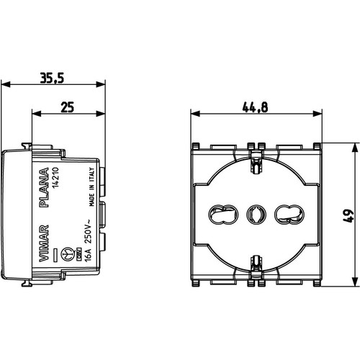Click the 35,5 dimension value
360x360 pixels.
tap(52, 78)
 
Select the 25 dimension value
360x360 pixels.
tap(68, 107)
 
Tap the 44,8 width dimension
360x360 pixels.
tap(255, 107)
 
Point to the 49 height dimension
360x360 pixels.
tap(348, 216)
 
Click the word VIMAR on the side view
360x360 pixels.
tap(44, 243)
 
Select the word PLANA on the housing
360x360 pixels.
tap(44, 187)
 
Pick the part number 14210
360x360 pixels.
tap(55, 178)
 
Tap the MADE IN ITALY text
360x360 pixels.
tap(92, 186)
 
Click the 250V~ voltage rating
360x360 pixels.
tap(87, 231)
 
